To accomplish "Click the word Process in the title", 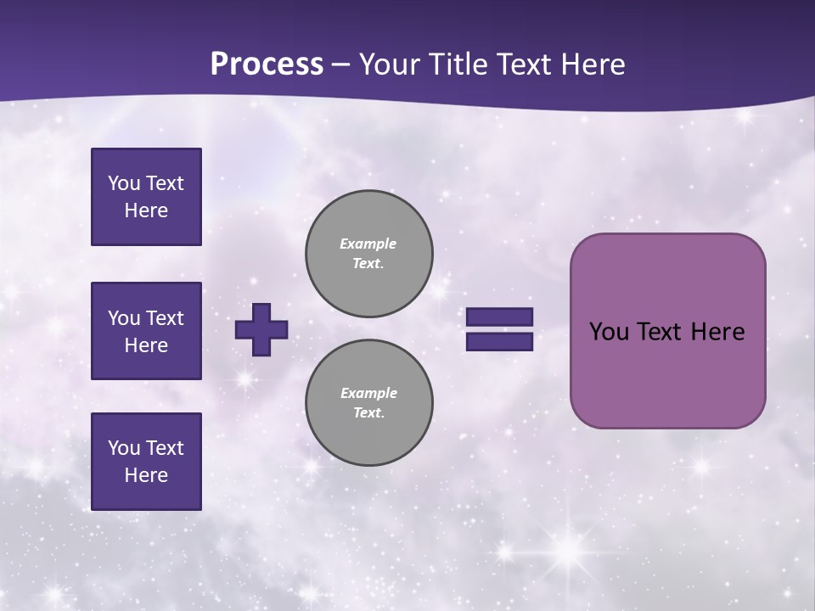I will click(267, 64).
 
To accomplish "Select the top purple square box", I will click(146, 197).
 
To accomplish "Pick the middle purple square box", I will click(146, 331).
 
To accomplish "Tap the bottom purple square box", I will click(146, 462).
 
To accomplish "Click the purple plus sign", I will click(261, 330).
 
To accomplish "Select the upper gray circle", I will click(369, 254).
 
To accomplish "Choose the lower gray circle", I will click(369, 403).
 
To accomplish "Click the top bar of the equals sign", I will click(499, 317).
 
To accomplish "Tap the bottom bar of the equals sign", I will click(499, 342).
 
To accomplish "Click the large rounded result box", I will click(667, 373).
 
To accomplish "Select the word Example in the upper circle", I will click(368, 244).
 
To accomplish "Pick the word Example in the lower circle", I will click(368, 393).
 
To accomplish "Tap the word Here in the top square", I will click(146, 210).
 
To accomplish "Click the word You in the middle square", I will click(123, 318).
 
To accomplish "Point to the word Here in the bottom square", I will click(146, 475).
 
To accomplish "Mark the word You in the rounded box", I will click(609, 332).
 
